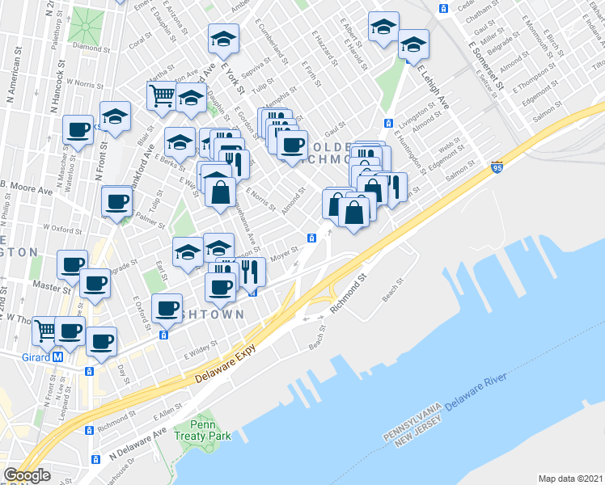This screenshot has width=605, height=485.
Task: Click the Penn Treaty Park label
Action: pyautogui.click(x=210, y=430)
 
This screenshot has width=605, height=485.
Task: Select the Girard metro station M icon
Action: pyautogui.click(x=57, y=356)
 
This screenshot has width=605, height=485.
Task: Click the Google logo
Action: pyautogui.click(x=27, y=475)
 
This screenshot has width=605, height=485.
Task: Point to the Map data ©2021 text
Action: pyautogui.click(x=571, y=479)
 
